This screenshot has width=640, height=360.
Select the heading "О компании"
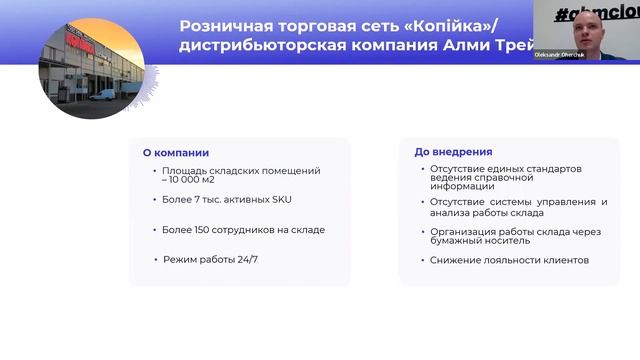(x=176, y=153)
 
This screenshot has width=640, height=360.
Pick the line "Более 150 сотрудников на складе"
(x=243, y=230)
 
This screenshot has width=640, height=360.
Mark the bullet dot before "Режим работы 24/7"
(x=155, y=260)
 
